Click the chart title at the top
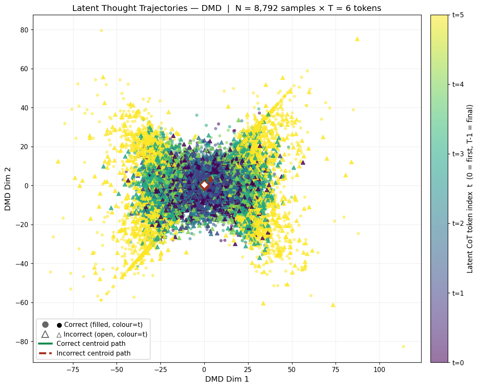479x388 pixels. [227, 8]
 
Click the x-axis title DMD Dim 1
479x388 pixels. [227, 379]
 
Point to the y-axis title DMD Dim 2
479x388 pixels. [8, 189]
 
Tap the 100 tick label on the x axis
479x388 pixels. [380, 370]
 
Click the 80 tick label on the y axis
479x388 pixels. [24, 30]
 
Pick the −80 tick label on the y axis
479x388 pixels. [22, 342]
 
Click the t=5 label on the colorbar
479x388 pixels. [458, 15]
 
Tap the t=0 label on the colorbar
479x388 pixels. [458, 363]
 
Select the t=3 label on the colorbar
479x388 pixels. [458, 154]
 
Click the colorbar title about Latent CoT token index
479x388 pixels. [470, 189]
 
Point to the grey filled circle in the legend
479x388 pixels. [45, 324]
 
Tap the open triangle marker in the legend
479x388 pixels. [45, 334]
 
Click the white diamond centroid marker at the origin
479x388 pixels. [204, 185]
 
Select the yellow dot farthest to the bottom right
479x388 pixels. [403, 347]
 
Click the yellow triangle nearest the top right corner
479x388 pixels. [357, 39]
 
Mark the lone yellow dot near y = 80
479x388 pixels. [101, 30]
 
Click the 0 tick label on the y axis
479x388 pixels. [27, 186]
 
